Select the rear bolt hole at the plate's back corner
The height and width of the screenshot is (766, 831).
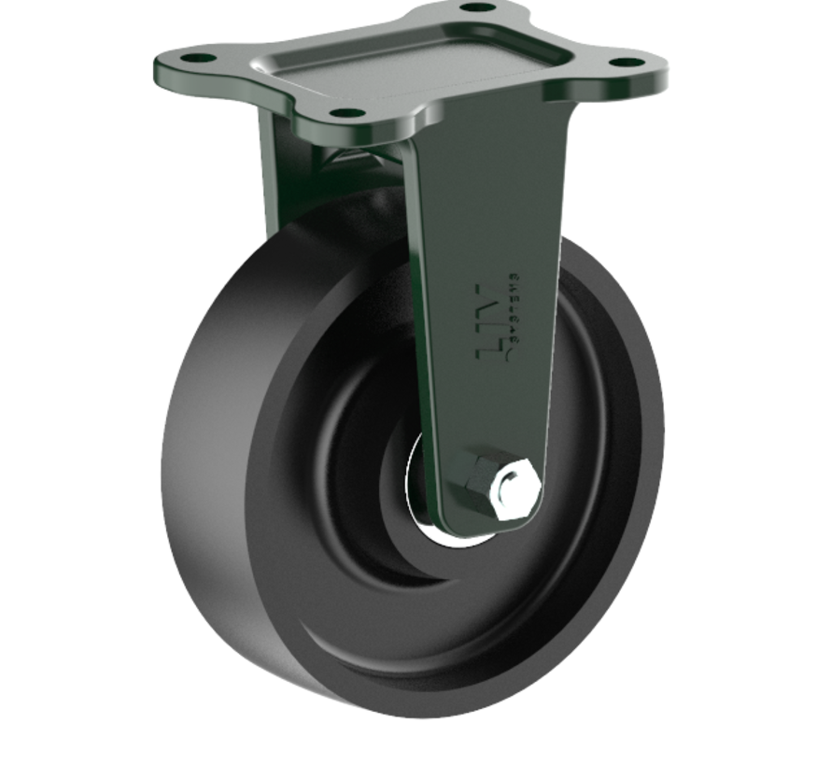478,7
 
